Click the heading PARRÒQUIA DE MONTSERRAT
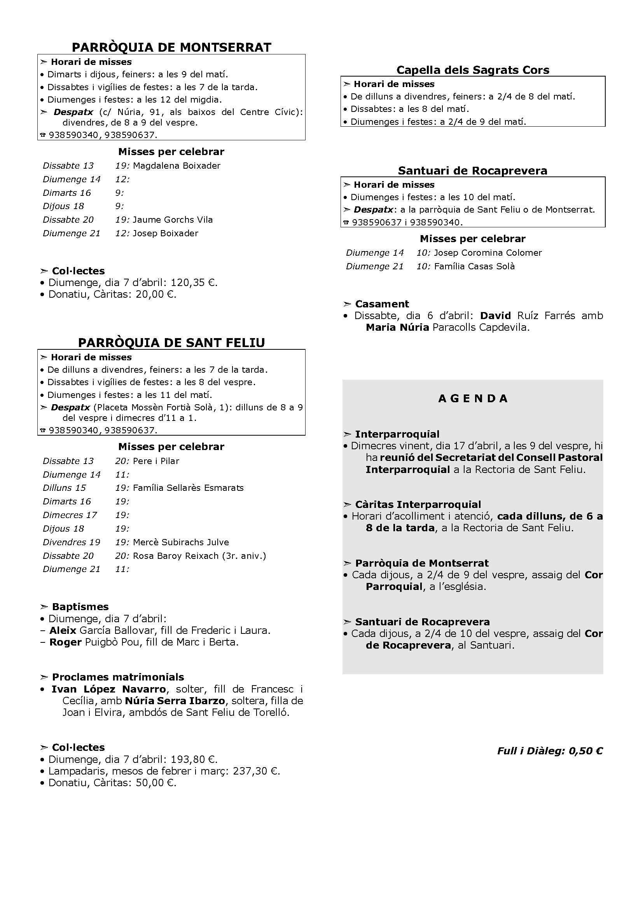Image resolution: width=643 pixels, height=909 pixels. [x=171, y=47]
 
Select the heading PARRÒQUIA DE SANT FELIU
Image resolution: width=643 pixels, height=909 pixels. [x=171, y=342]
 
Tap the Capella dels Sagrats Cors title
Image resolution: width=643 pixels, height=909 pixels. [x=473, y=70]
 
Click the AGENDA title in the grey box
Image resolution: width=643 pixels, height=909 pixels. [x=473, y=398]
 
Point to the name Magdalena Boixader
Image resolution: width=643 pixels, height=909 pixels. [x=176, y=166]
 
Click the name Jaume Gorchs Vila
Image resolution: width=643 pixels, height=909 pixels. [x=173, y=220]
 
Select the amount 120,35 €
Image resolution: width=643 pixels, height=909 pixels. [x=194, y=283]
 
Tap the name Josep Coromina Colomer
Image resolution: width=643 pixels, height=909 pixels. [x=488, y=253]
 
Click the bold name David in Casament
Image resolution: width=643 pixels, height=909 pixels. [x=495, y=316]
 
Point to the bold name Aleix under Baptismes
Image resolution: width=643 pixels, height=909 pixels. [x=63, y=630]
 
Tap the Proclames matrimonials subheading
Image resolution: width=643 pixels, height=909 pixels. [x=118, y=677]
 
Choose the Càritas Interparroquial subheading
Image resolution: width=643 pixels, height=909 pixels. [x=418, y=504]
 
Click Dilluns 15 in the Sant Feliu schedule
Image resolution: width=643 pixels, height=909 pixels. [x=64, y=488]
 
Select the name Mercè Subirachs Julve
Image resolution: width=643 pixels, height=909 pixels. [x=181, y=542]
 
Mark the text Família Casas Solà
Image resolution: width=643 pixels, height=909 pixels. [x=474, y=267]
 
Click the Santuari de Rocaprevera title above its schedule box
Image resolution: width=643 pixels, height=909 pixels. [x=473, y=171]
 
